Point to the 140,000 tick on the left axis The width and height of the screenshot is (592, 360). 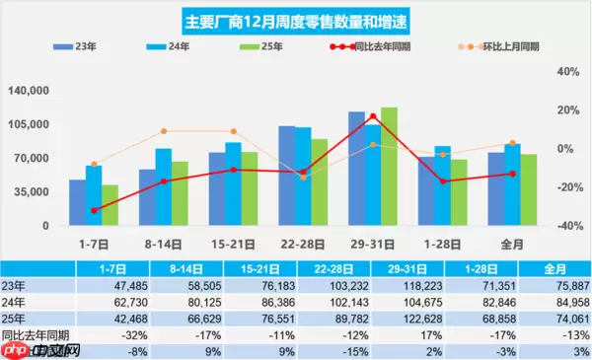pos(28,91)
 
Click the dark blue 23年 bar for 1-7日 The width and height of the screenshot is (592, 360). pos(76,202)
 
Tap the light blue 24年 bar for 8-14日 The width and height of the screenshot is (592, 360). pos(163,186)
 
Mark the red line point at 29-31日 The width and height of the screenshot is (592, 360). pos(372,116)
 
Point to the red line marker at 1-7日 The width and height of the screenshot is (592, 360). pos(94,211)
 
